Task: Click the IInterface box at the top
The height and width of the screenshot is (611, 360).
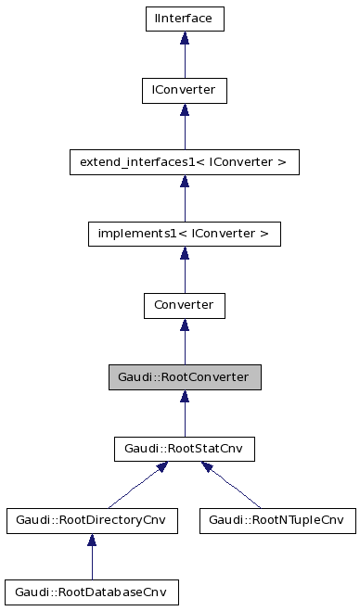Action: tap(184, 18)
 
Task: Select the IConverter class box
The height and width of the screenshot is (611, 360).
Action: tap(184, 90)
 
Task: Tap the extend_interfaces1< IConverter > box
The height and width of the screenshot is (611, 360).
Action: tap(184, 162)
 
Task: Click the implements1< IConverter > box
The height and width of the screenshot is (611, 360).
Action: tap(184, 234)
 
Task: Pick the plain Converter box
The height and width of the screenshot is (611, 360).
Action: tap(184, 305)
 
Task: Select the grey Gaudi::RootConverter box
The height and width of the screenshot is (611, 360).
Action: tap(184, 377)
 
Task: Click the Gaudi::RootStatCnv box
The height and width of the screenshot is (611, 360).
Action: tap(184, 449)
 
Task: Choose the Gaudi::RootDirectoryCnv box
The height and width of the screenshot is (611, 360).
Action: tap(90, 520)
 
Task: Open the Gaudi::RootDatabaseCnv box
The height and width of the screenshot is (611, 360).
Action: tap(90, 592)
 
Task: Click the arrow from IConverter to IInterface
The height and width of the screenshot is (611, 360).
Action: tap(184, 57)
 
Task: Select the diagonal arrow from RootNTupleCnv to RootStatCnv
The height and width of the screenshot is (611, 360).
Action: tap(232, 487)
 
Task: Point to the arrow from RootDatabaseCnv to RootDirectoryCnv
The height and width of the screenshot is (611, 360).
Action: tap(90, 559)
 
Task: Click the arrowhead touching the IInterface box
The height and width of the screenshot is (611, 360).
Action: tap(184, 38)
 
